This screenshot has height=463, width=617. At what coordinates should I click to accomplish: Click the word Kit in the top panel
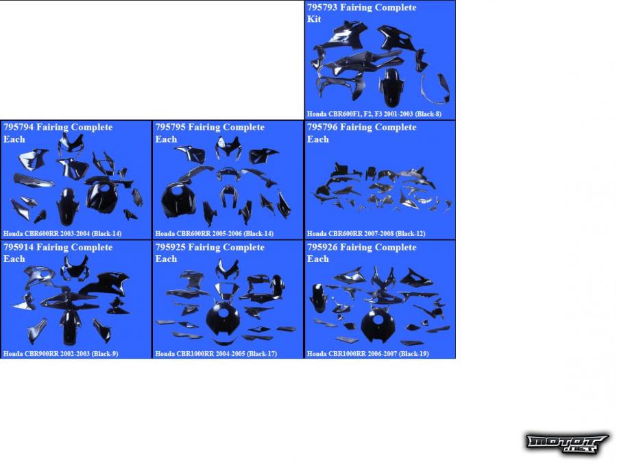click(x=314, y=19)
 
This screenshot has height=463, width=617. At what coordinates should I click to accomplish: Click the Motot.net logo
click(x=567, y=443)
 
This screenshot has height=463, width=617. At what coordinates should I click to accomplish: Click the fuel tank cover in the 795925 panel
click(x=223, y=319)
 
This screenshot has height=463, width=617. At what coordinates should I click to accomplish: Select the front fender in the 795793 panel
click(x=391, y=87)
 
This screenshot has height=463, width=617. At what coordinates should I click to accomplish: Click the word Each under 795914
click(x=14, y=259)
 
